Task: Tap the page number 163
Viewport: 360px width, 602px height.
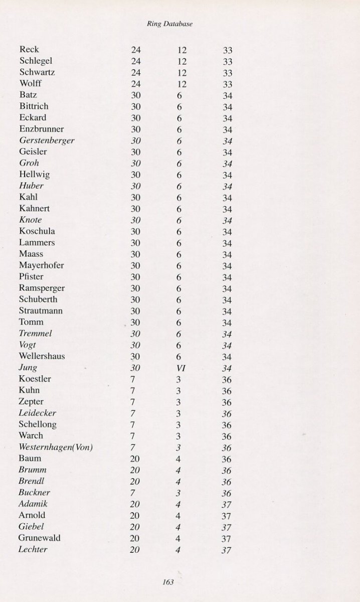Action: [x=167, y=582]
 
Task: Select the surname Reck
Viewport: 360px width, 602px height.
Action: [x=29, y=50]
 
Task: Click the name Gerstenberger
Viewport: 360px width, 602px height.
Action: [x=47, y=140]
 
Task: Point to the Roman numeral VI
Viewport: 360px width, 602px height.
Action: [x=182, y=368]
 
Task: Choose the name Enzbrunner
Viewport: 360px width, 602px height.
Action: [x=42, y=129]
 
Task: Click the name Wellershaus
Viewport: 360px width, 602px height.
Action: [x=42, y=356]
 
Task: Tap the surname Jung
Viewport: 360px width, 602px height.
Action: [x=29, y=368]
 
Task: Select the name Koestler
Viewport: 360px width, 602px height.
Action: [x=35, y=379]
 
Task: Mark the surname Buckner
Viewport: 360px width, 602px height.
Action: [x=35, y=493]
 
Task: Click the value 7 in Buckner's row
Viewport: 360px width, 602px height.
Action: [x=133, y=493]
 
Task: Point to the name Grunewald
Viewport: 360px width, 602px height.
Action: [x=40, y=538]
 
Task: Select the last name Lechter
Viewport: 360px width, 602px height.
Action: [x=33, y=549]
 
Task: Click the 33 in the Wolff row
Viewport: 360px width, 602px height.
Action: [x=227, y=84]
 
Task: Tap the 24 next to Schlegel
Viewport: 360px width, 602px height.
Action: [x=136, y=61]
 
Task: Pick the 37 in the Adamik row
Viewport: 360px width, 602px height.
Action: [x=227, y=504]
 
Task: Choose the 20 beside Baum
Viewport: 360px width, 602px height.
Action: [x=135, y=459]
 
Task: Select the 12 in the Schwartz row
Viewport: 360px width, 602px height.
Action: [x=182, y=73]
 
